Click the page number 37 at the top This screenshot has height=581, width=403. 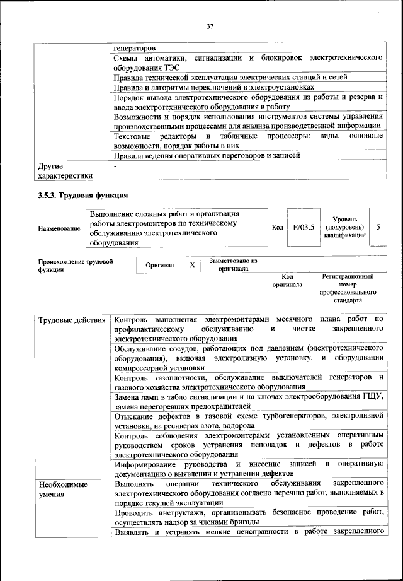coord(210,26)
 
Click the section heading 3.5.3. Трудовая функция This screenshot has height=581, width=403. coord(82,194)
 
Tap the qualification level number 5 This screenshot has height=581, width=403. coord(377,227)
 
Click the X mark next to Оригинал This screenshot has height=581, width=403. coord(192,266)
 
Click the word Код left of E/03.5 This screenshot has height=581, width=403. coord(277,228)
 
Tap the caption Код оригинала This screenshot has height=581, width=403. coord(287,281)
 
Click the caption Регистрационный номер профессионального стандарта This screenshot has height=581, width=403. coord(348,289)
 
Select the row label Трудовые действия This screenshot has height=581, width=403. coord(72,320)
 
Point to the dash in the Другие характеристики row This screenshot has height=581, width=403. coord(115,167)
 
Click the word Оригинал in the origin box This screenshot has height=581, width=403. coord(159,266)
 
